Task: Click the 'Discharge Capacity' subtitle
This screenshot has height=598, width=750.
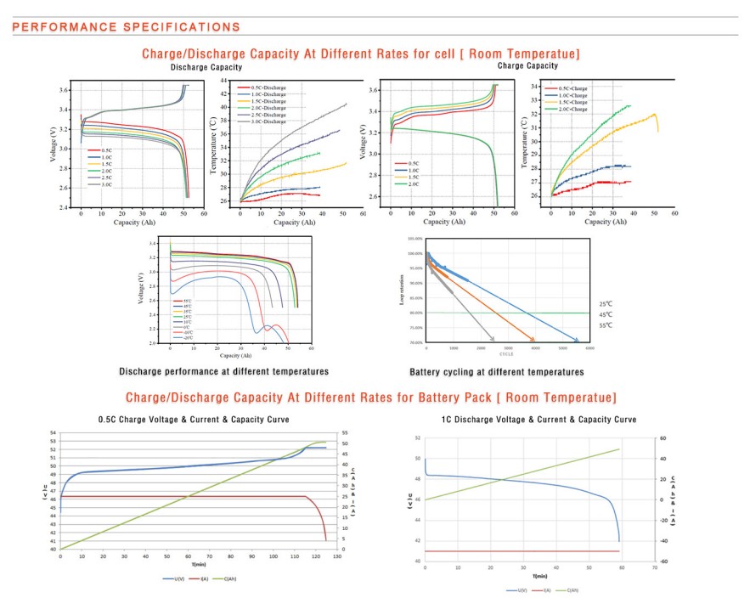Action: (206, 67)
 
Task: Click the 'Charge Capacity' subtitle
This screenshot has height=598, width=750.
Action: (527, 65)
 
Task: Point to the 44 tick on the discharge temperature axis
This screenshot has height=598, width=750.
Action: (224, 81)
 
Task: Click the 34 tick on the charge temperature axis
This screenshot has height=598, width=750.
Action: (534, 86)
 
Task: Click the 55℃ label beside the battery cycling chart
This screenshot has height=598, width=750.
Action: (606, 325)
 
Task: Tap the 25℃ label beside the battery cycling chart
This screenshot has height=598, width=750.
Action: (606, 303)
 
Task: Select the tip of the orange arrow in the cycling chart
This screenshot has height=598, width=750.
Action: (535, 341)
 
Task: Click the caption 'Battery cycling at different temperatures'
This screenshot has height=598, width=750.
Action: (496, 372)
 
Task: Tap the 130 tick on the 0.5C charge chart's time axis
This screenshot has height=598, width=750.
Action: (339, 556)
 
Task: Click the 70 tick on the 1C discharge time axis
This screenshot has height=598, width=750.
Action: (654, 567)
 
